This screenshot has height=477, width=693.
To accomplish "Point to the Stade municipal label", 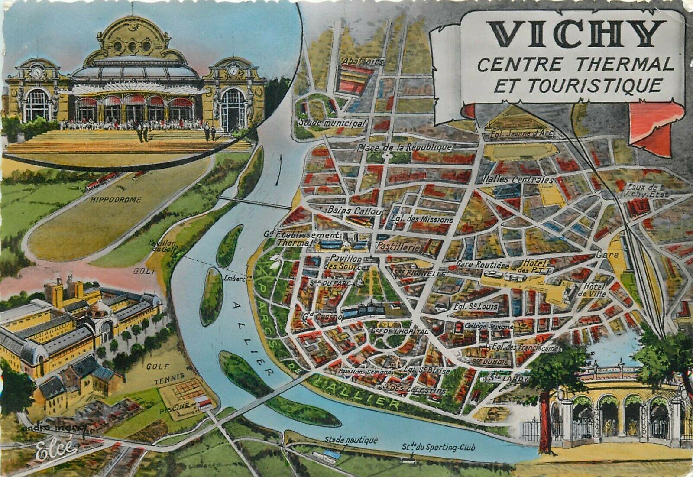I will pos(332,123).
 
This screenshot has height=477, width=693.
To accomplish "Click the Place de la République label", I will pos(405,147).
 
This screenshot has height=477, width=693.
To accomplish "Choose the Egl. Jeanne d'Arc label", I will pos(523,134).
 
